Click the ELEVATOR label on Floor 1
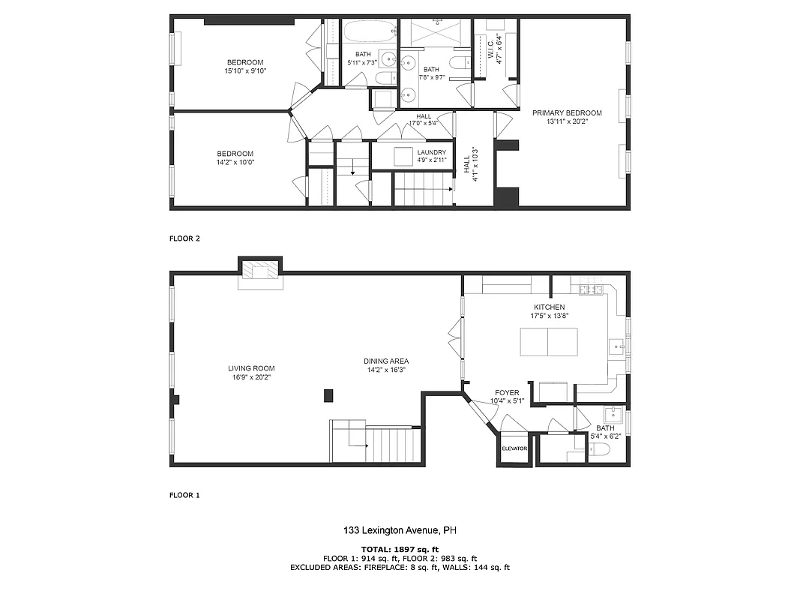tap(514, 449)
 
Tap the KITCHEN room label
tap(549, 307)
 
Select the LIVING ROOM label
tap(251, 368)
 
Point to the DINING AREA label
tap(386, 361)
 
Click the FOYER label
tap(506, 393)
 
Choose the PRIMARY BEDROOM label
tap(567, 113)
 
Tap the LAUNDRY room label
tap(432, 152)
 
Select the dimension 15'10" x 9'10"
tap(245, 71)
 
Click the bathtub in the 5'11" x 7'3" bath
tap(370, 32)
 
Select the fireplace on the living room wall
tap(259, 274)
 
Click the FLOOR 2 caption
tap(185, 238)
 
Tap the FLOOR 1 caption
tap(185, 495)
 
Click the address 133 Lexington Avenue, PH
tap(400, 531)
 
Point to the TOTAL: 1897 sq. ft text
tap(400, 549)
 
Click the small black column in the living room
tap(328, 396)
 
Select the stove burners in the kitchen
tap(590, 289)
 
